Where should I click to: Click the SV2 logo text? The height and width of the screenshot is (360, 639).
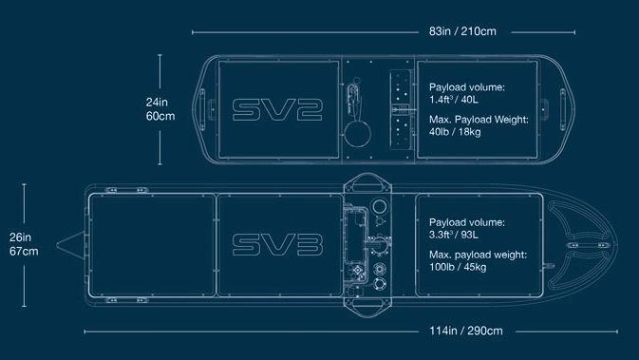[x=277, y=109]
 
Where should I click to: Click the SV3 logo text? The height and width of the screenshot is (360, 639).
[x=277, y=245]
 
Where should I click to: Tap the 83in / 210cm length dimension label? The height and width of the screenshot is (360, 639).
[x=462, y=31]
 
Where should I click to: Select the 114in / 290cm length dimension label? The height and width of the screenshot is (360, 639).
[x=466, y=331]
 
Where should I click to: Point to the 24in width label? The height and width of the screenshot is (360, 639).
[x=157, y=102]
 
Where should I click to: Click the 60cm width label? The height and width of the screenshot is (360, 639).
[x=160, y=116]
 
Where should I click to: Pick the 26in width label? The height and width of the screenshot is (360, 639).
[x=20, y=237]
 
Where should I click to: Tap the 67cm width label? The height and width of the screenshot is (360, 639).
[x=24, y=251]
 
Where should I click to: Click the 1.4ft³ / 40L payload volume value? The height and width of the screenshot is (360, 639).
[x=454, y=99]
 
